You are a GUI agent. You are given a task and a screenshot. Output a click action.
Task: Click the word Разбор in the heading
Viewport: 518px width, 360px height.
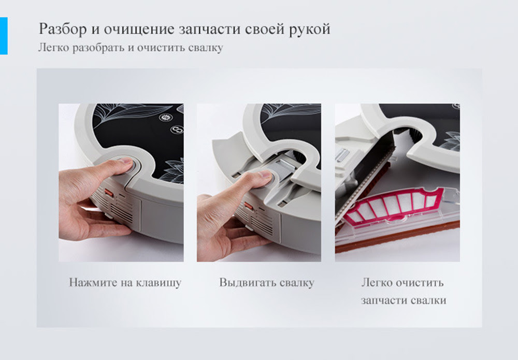(x=63, y=29)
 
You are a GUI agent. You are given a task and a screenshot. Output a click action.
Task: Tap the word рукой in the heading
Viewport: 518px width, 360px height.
(x=310, y=30)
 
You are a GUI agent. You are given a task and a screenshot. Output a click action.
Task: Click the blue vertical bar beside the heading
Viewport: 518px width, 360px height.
(x=4, y=36)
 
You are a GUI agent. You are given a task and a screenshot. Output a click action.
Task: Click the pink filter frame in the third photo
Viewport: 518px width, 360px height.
(x=395, y=207)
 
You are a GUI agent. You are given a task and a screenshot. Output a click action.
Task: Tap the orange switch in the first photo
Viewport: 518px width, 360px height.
(x=109, y=193)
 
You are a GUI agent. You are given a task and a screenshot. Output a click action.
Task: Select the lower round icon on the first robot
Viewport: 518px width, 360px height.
(x=177, y=129)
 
